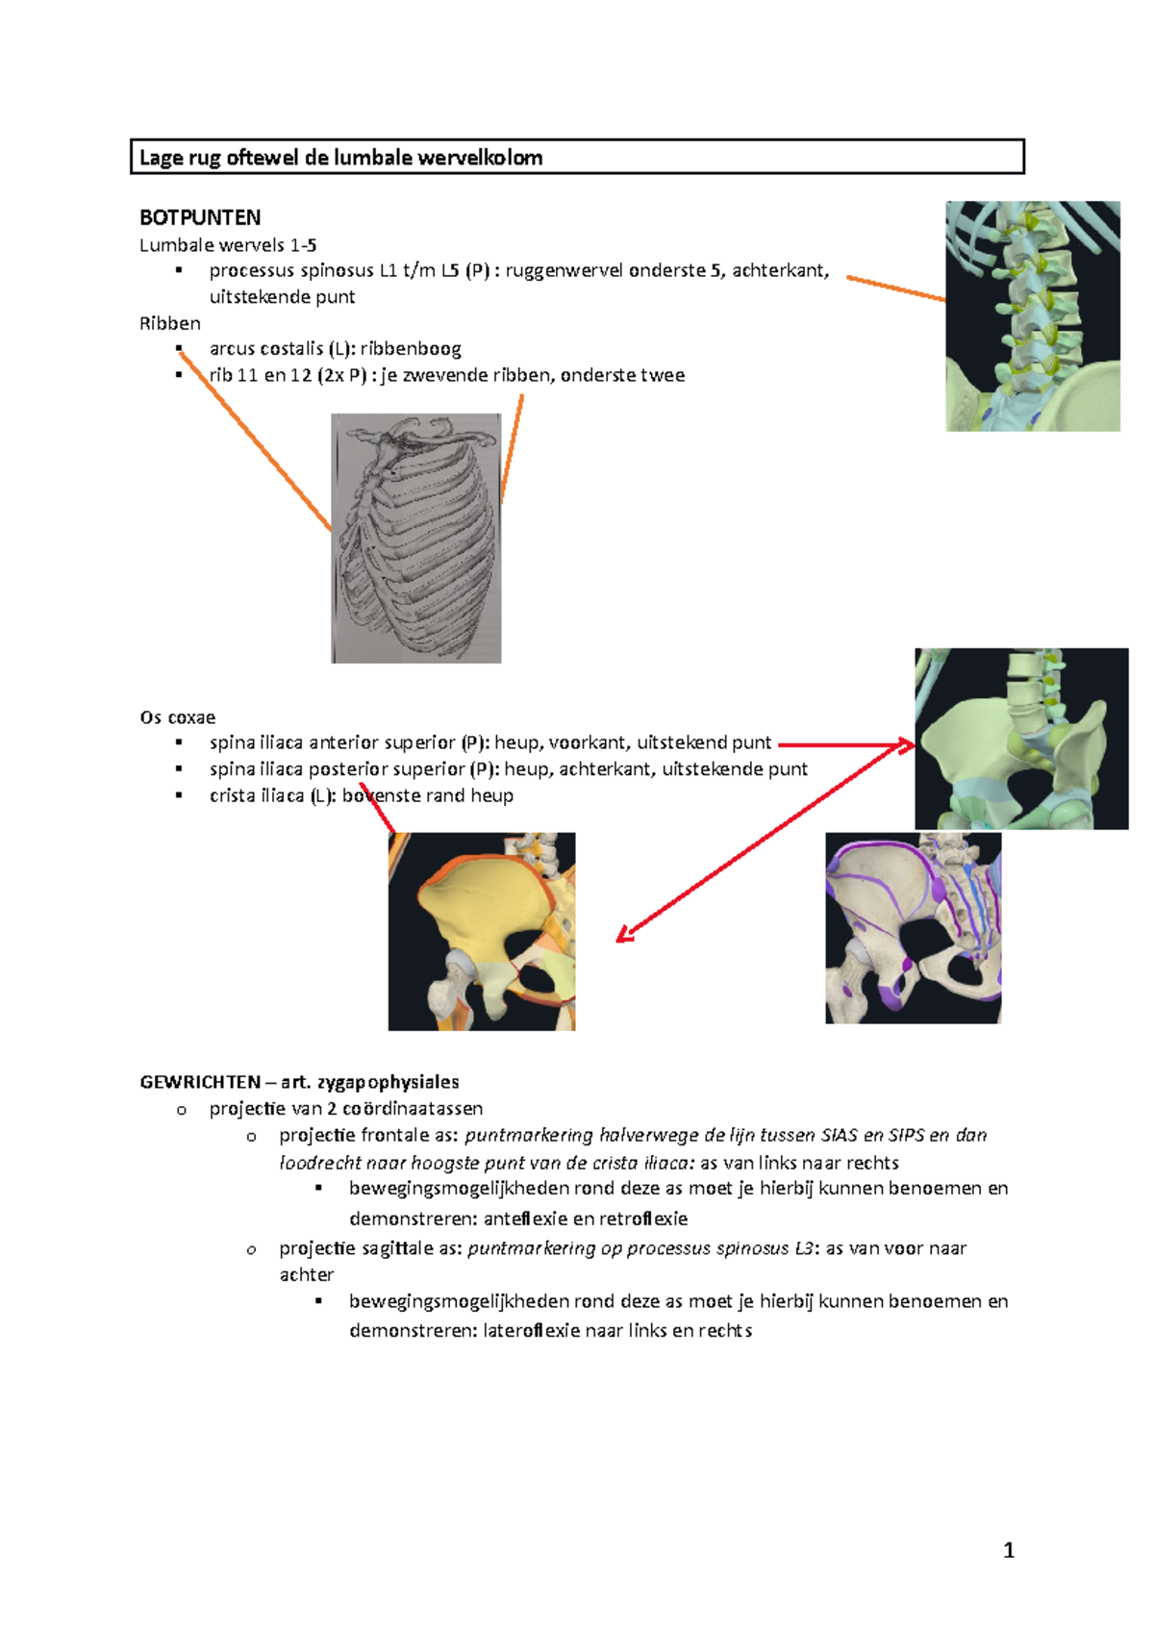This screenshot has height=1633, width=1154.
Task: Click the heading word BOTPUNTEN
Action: click(200, 217)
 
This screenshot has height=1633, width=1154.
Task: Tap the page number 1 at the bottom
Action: click(1009, 1549)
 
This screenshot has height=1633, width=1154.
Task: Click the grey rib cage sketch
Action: click(416, 539)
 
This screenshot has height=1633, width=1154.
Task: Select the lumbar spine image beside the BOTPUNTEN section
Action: click(1033, 315)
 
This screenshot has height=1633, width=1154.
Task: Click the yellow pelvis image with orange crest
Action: click(482, 931)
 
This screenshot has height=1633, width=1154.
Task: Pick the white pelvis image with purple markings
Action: click(913, 928)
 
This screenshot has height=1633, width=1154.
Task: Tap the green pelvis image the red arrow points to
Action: click(1021, 739)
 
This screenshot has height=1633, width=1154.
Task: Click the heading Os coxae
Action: click(178, 717)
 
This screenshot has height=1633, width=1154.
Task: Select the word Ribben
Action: click(170, 323)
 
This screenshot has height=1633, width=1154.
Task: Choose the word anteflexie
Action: click(525, 1219)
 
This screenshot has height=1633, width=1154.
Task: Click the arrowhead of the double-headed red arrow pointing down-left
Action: click(623, 936)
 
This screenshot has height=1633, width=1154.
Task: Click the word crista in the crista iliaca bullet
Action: click(233, 796)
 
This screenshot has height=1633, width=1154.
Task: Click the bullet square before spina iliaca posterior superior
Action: click(179, 769)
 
